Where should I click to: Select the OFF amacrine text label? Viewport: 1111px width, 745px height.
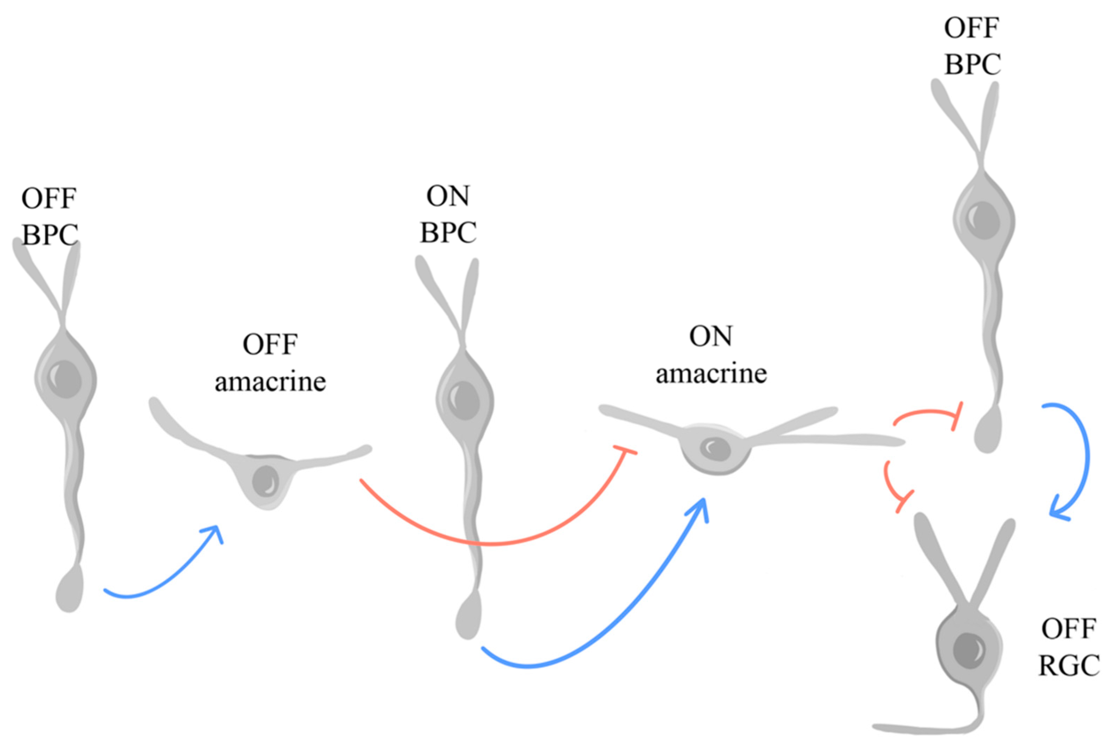[270, 363]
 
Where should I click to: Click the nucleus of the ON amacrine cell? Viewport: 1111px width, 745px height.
[715, 448]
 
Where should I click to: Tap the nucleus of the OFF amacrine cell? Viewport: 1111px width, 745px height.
[265, 481]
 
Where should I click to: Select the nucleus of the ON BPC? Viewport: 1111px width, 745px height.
[464, 400]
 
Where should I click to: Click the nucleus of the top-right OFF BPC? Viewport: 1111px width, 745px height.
[983, 220]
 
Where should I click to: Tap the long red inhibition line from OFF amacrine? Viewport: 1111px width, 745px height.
[490, 543]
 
